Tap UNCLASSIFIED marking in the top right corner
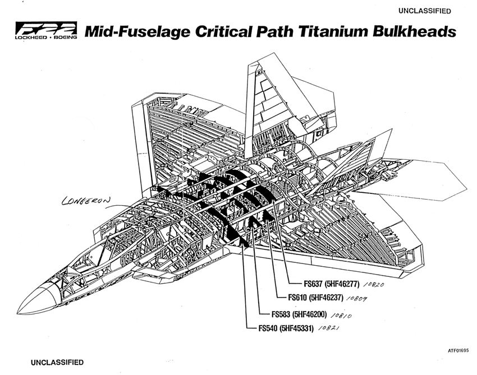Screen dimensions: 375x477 [x=424, y=11]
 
